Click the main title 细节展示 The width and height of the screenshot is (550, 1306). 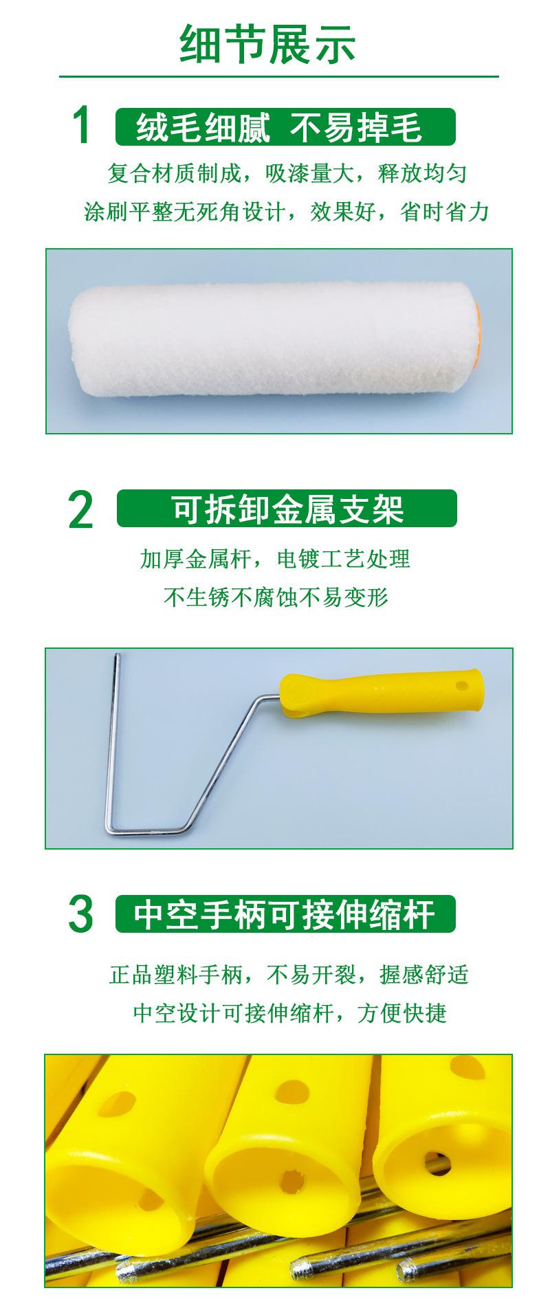268,44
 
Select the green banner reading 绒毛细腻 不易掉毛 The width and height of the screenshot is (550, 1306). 285,127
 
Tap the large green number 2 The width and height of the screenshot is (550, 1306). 81,510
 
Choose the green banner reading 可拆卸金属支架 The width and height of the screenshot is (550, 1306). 287,509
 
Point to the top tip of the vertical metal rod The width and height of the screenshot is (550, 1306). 116,658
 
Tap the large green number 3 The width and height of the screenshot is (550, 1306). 80,914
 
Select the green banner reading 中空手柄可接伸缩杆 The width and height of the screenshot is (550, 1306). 285,914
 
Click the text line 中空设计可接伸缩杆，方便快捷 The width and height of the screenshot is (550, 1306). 289,1013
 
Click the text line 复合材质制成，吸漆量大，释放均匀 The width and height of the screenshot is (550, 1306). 287,173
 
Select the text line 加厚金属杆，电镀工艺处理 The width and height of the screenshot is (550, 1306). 275,559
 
